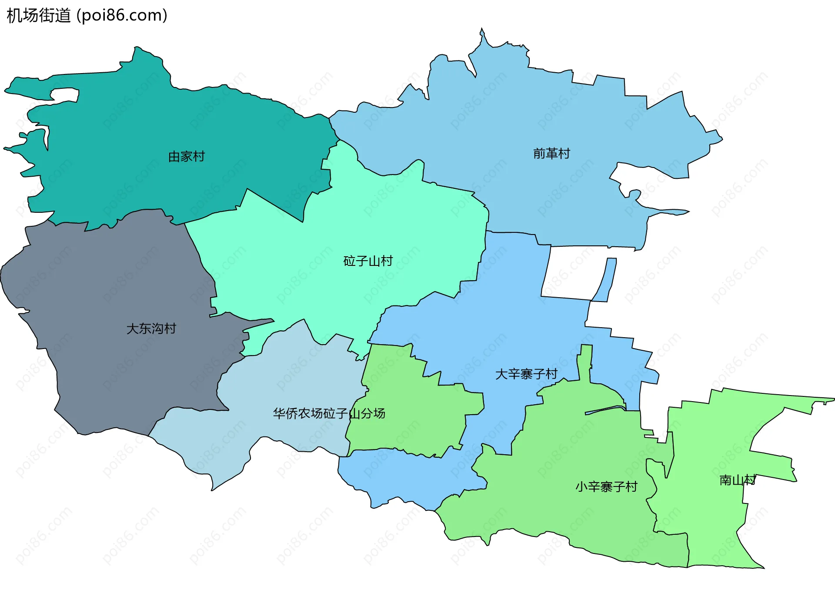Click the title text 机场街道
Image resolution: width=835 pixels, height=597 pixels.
coord(39,16)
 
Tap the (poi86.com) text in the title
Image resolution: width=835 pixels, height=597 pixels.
coord(122,16)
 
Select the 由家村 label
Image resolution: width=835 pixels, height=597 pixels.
coord(187,157)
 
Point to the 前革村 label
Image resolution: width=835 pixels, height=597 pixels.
coord(551,154)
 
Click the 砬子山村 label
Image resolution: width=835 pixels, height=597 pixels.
coord(368,261)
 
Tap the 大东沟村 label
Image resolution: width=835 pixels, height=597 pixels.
coord(151,329)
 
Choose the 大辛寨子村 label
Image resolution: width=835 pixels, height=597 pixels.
coord(526,374)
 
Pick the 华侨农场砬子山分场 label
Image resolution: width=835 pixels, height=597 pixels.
coord(329,413)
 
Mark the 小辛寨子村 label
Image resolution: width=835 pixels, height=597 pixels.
coord(606,486)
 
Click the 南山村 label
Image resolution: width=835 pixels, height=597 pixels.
coord(738,480)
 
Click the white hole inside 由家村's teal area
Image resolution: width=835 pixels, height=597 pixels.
coord(64,94)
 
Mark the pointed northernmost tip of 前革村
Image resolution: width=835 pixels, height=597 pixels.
coord(482,30)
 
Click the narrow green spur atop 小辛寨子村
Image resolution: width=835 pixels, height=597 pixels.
coord(585,361)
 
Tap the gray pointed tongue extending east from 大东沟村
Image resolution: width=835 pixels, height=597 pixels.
coord(261,323)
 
